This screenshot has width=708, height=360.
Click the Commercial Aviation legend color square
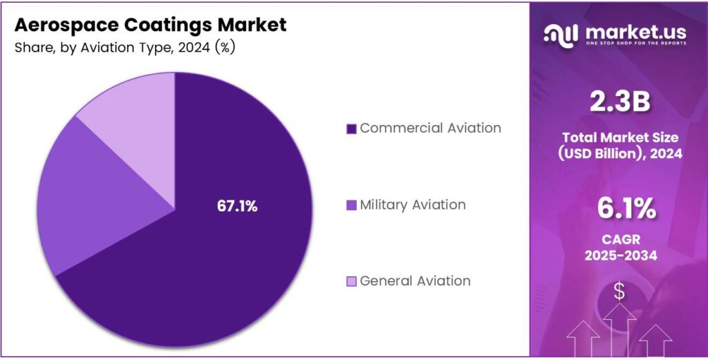(x=351, y=129)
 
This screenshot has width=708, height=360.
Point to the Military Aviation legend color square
(x=351, y=205)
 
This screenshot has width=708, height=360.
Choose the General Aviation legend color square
(x=351, y=281)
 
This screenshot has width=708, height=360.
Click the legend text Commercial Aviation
(x=430, y=128)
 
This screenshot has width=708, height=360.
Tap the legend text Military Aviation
(x=412, y=205)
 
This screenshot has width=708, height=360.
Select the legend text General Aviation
(x=415, y=281)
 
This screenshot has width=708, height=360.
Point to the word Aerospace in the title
(x=61, y=25)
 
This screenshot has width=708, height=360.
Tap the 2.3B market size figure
(x=619, y=102)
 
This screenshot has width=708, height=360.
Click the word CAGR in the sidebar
(x=619, y=240)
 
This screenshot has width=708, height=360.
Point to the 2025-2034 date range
(x=619, y=256)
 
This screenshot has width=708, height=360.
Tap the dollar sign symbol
(x=619, y=292)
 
